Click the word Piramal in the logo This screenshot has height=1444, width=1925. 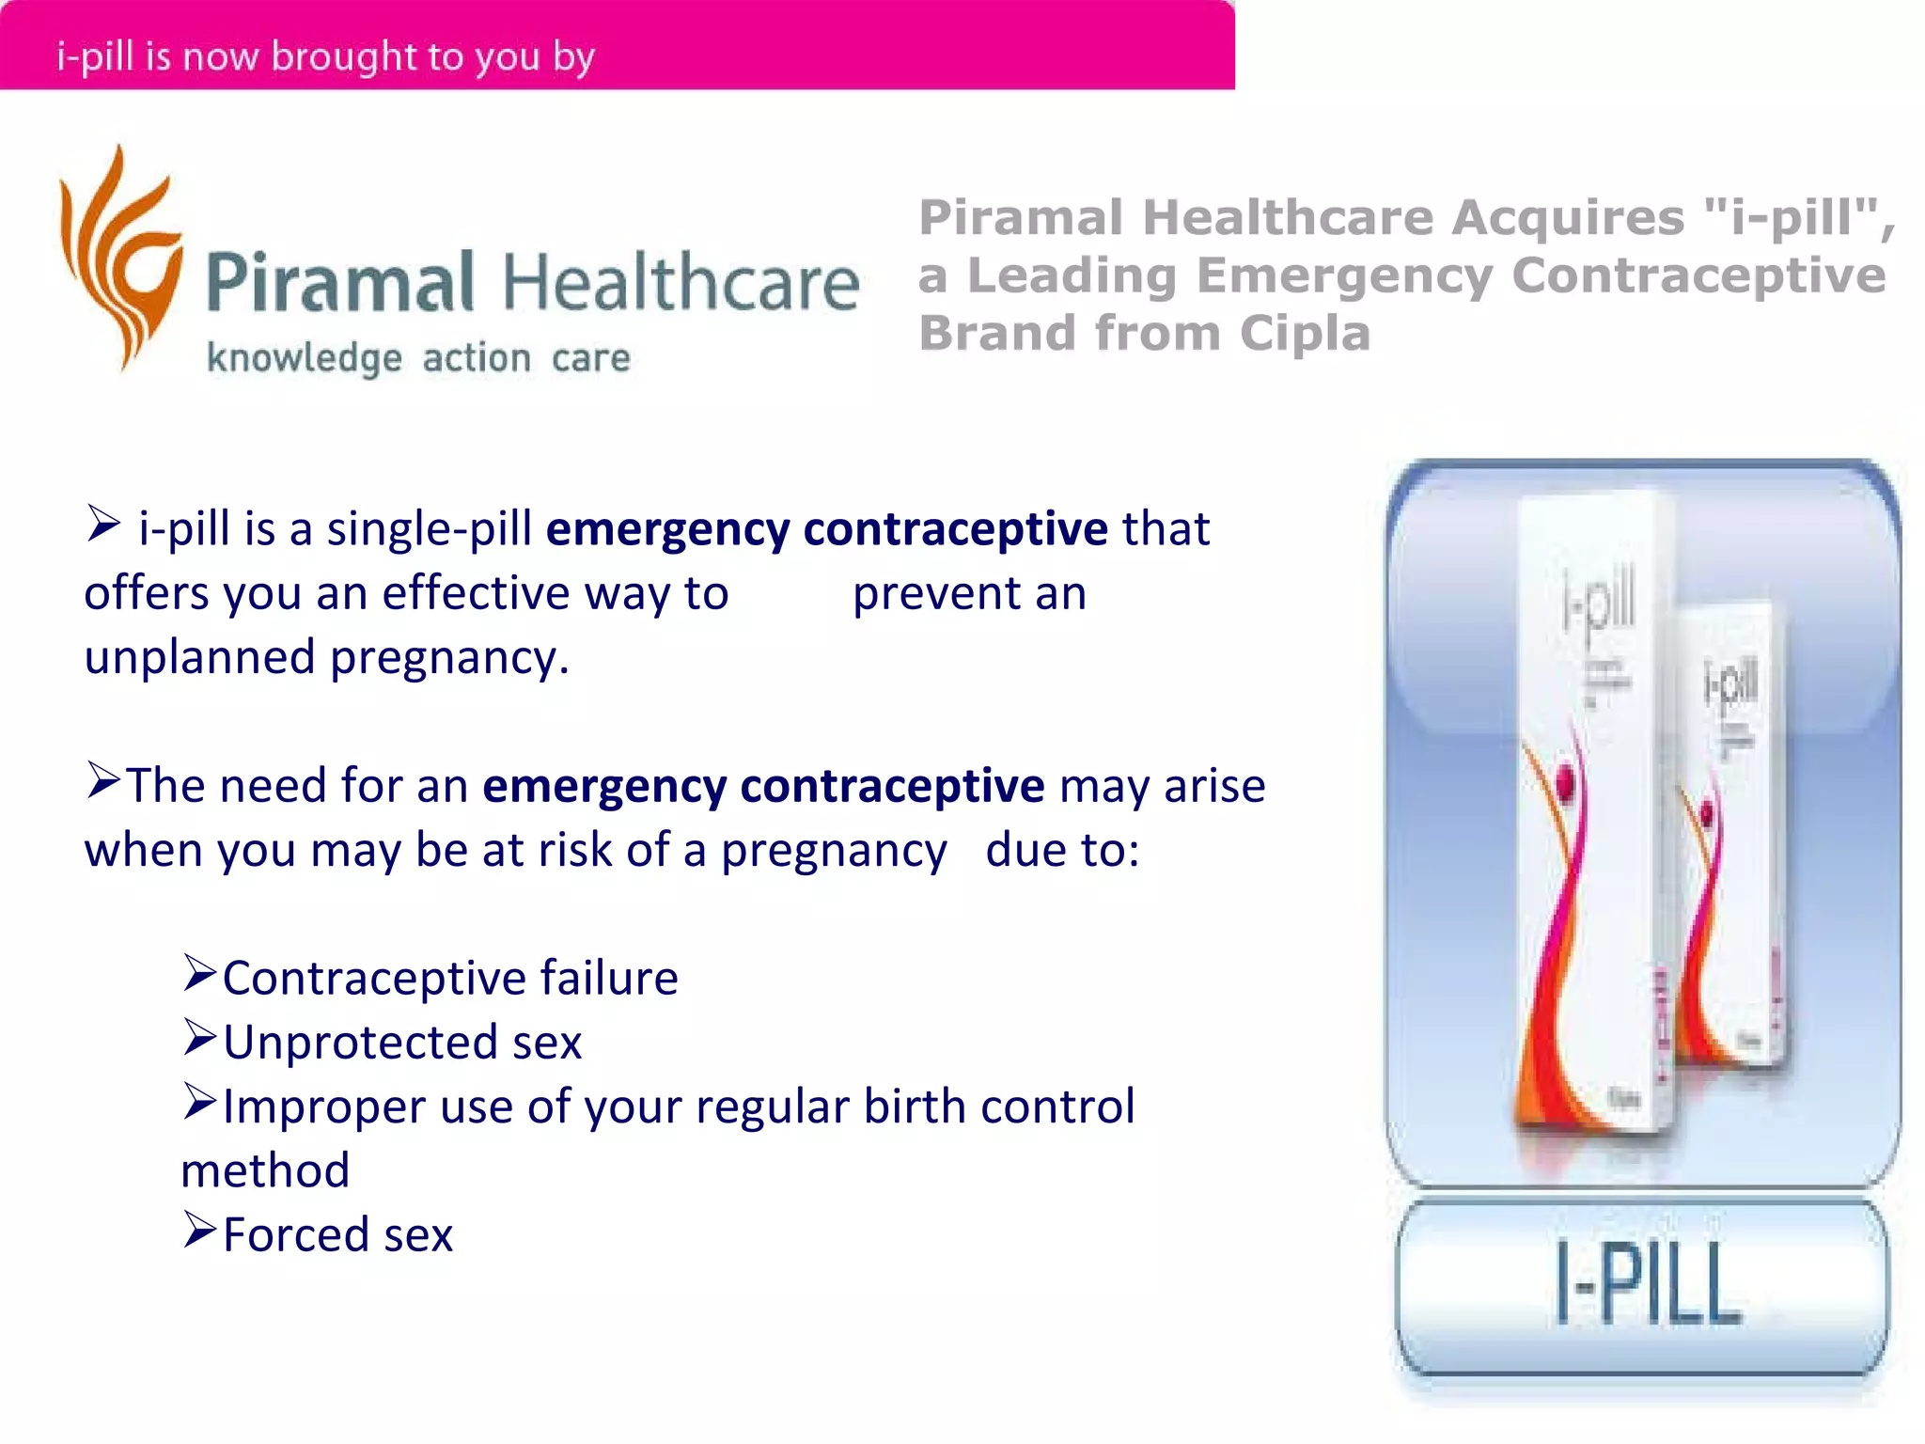pos(339,283)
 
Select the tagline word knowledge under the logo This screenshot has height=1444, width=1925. pos(305,359)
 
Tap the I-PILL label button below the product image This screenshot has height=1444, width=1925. pos(1642,1286)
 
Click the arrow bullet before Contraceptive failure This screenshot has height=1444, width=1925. pos(200,974)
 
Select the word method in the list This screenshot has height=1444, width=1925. pos(265,1171)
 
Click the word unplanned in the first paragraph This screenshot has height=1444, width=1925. pos(199,657)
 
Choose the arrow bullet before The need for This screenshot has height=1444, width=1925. pos(103,781)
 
